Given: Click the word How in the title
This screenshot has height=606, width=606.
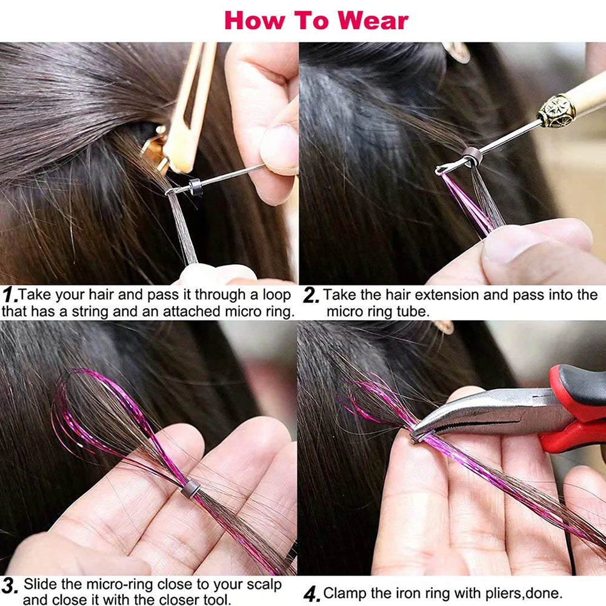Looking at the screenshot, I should pyautogui.click(x=253, y=20).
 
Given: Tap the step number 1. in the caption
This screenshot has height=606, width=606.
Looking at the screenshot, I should pyautogui.click(x=9, y=296).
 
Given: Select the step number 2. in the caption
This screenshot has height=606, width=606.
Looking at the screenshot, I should pyautogui.click(x=311, y=296).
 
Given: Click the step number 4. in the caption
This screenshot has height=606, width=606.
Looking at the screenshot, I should pyautogui.click(x=311, y=594).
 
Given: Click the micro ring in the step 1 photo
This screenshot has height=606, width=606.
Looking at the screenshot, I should pyautogui.click(x=195, y=187).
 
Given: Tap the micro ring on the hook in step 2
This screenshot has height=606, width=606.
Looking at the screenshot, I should pyautogui.click(x=473, y=157).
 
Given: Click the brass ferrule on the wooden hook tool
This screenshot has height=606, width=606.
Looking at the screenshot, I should pyautogui.click(x=556, y=112).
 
